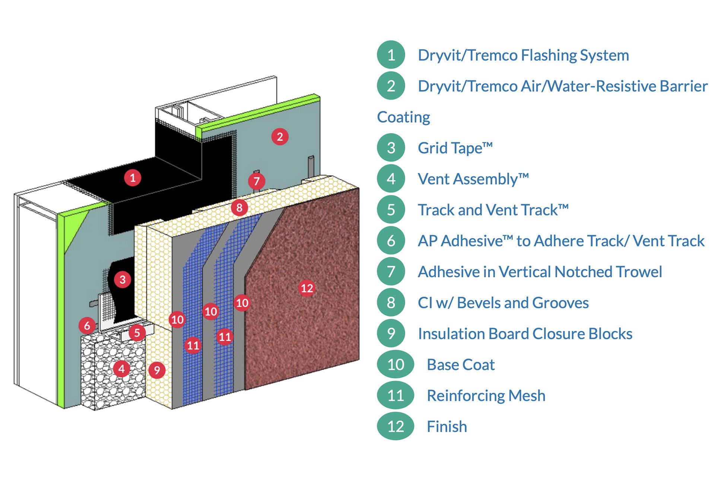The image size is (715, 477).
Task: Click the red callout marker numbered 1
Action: [133, 178]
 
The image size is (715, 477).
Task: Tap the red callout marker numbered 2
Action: [280, 137]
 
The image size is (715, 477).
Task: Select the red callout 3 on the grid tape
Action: [123, 279]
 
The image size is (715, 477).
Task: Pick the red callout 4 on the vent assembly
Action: [121, 369]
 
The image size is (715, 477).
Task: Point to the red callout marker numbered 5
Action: [137, 332]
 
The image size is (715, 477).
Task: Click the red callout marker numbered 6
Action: [87, 325]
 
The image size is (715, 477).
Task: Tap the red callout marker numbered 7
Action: [257, 181]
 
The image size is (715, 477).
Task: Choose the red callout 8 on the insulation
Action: [239, 208]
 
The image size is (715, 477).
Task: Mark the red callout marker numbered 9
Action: [157, 370]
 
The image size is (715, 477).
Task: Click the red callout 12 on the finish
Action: [307, 288]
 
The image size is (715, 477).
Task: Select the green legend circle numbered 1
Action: [391, 55]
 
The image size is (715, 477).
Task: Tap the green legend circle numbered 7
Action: [391, 272]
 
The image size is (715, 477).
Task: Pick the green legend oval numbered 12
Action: [395, 426]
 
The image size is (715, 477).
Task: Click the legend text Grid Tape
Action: [455, 148]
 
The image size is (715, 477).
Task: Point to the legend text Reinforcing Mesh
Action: [486, 395]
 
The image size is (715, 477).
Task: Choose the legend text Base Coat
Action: [461, 364]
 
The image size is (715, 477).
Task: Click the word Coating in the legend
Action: [404, 117]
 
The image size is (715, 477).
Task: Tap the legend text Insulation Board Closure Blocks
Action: [525, 334]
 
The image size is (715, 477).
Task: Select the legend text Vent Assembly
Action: [473, 179]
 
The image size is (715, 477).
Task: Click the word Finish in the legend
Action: [447, 426]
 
